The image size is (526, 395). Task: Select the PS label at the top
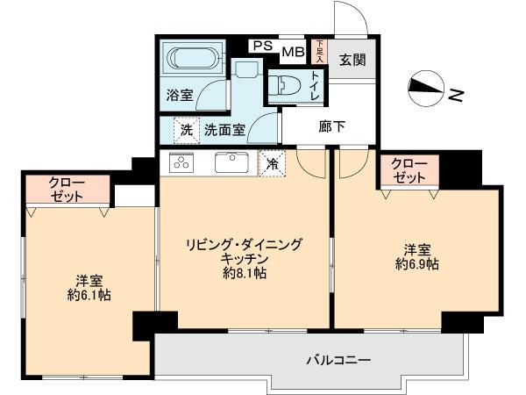261,47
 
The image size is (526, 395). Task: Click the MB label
292,52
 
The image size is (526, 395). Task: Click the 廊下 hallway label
332,126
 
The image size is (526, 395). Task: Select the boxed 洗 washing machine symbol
185,130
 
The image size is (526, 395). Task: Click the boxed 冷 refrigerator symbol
273,162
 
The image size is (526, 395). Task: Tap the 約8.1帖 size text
244,274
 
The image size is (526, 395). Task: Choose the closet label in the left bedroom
67,189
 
